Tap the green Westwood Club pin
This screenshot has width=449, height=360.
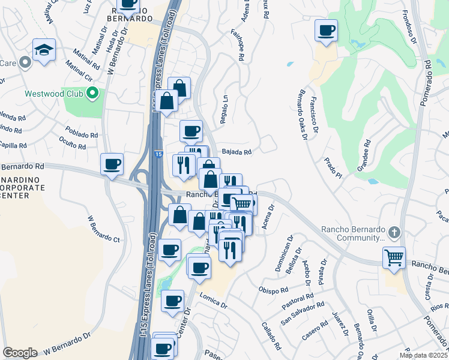[x=92, y=93]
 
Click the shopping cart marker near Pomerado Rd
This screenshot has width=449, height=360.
[x=394, y=258]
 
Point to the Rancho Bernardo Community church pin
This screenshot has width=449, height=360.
[x=394, y=232]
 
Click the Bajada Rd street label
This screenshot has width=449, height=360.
[x=236, y=152]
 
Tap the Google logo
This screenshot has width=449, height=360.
[x=20, y=353]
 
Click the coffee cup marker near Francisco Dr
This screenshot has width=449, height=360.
[x=326, y=31]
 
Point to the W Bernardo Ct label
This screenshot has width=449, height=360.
[x=103, y=229]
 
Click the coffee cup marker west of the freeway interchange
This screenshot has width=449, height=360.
[x=112, y=164]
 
